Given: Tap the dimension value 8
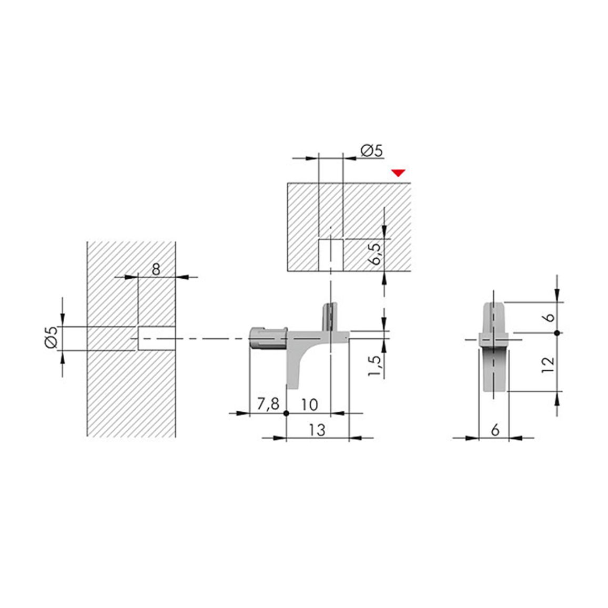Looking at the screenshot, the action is (156, 269).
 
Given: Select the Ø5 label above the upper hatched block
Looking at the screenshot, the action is (371, 150).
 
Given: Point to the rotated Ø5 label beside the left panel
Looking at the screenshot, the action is (52, 337).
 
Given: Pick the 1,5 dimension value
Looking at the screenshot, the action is (374, 365).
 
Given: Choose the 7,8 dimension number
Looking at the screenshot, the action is (268, 404).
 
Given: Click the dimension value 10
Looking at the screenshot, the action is (309, 405).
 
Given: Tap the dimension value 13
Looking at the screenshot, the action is (317, 430).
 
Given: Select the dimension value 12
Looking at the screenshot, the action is (548, 365).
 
